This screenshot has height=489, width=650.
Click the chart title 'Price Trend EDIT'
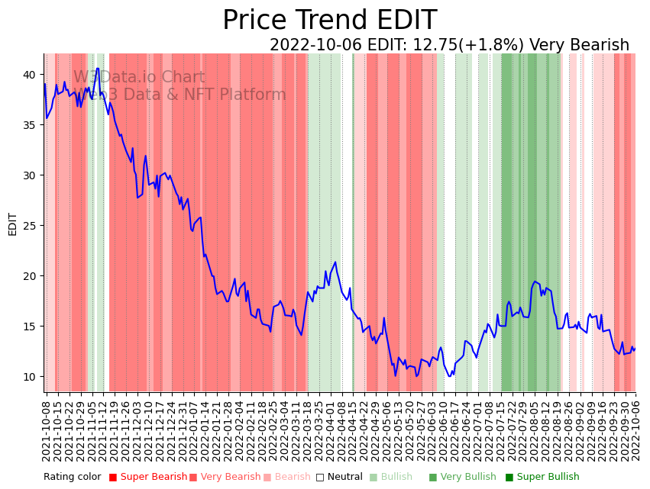(329, 21)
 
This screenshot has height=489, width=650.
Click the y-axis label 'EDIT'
(12, 224)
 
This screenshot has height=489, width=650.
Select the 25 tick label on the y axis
(28, 225)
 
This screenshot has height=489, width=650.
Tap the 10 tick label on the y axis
(28, 376)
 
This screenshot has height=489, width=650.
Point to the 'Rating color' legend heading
(72, 477)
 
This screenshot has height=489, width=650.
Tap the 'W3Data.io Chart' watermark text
(139, 77)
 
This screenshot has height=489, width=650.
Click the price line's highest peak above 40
(97, 69)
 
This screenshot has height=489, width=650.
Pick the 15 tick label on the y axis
(28, 326)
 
